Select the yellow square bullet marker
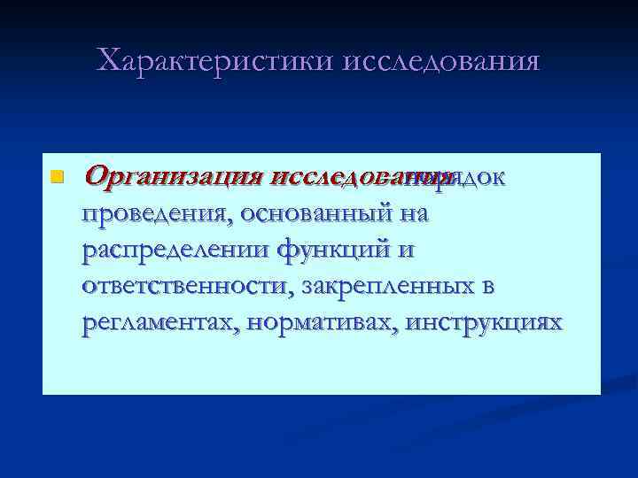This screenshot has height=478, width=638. click(x=57, y=177)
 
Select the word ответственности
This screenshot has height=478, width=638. click(x=188, y=287)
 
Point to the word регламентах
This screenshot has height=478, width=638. click(x=162, y=323)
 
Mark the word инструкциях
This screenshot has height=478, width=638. click(x=483, y=323)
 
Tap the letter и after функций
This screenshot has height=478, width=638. click(x=405, y=251)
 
